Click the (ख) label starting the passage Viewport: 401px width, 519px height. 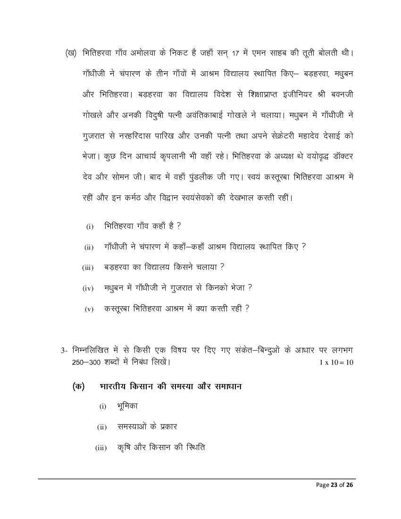click(x=71, y=52)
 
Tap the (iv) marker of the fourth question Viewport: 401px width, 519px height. click(x=88, y=288)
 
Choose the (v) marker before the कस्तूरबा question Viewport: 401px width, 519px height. click(x=89, y=309)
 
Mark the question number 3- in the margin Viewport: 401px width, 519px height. click(x=65, y=351)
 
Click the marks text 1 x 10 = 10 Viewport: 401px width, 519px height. click(x=336, y=362)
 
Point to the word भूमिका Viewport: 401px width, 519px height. click(x=127, y=406)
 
